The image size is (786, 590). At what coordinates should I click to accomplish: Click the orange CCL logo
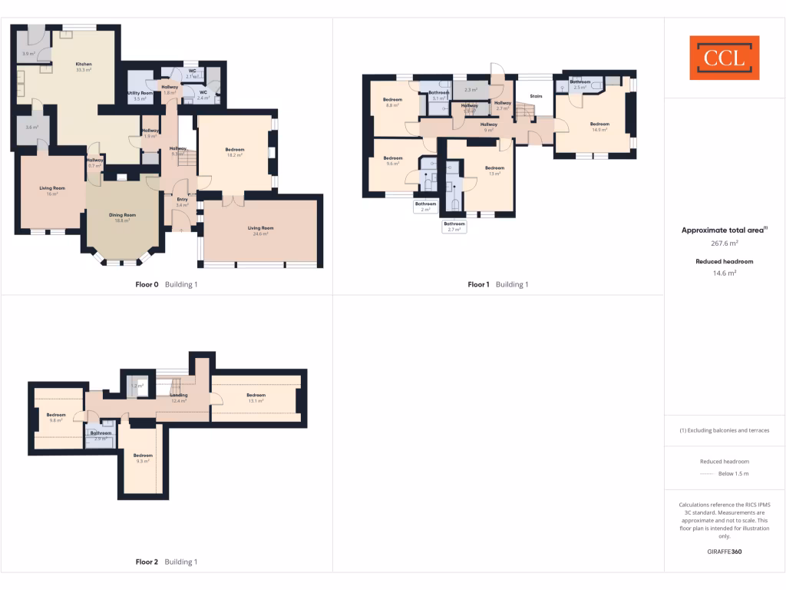[724, 58]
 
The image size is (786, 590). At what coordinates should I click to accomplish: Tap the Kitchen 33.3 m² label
[84, 67]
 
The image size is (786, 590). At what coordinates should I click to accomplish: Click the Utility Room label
[140, 95]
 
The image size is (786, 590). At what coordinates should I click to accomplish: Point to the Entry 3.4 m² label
[182, 203]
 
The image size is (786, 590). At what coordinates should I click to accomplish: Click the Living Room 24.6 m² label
[260, 230]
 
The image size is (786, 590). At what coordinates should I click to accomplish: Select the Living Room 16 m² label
[52, 191]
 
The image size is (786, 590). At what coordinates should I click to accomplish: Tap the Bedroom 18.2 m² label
[235, 152]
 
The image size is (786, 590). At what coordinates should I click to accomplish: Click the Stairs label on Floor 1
[536, 97]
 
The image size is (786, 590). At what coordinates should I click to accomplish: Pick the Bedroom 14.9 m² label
[599, 127]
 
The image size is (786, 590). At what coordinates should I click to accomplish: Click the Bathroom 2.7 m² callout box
[454, 227]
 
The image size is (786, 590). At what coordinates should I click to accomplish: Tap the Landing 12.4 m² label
[179, 398]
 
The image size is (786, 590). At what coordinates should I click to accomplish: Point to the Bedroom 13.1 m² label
[256, 398]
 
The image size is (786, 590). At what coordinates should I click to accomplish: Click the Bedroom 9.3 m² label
[143, 458]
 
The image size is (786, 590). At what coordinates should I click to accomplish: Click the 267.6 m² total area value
[725, 243]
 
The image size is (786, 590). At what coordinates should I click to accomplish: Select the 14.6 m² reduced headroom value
[725, 273]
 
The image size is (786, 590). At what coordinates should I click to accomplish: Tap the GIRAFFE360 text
[725, 552]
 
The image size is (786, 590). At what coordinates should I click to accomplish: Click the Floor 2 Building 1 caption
[167, 562]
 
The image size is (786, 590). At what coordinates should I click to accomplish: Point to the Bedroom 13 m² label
[494, 171]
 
